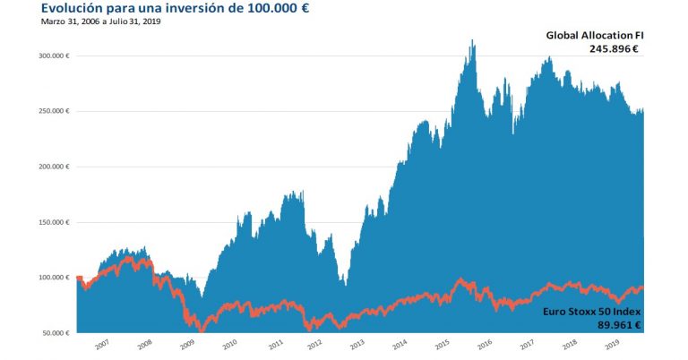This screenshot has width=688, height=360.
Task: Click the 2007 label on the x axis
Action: pos(102,344)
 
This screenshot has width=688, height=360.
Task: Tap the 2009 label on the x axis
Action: pos(187,344)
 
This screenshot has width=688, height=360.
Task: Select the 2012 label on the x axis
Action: pos(314,344)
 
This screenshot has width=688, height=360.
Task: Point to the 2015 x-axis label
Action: pos(442,344)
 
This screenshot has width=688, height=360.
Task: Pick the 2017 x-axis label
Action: pos(527,344)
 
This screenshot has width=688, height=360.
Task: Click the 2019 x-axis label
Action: pos(612,344)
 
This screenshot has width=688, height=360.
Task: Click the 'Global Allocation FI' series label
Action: pos(596,36)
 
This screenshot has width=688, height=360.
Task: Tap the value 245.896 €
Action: pos(614,50)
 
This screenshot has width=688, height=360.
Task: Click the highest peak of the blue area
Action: pos(472,40)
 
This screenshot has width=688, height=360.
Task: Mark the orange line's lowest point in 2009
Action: pos(201,330)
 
